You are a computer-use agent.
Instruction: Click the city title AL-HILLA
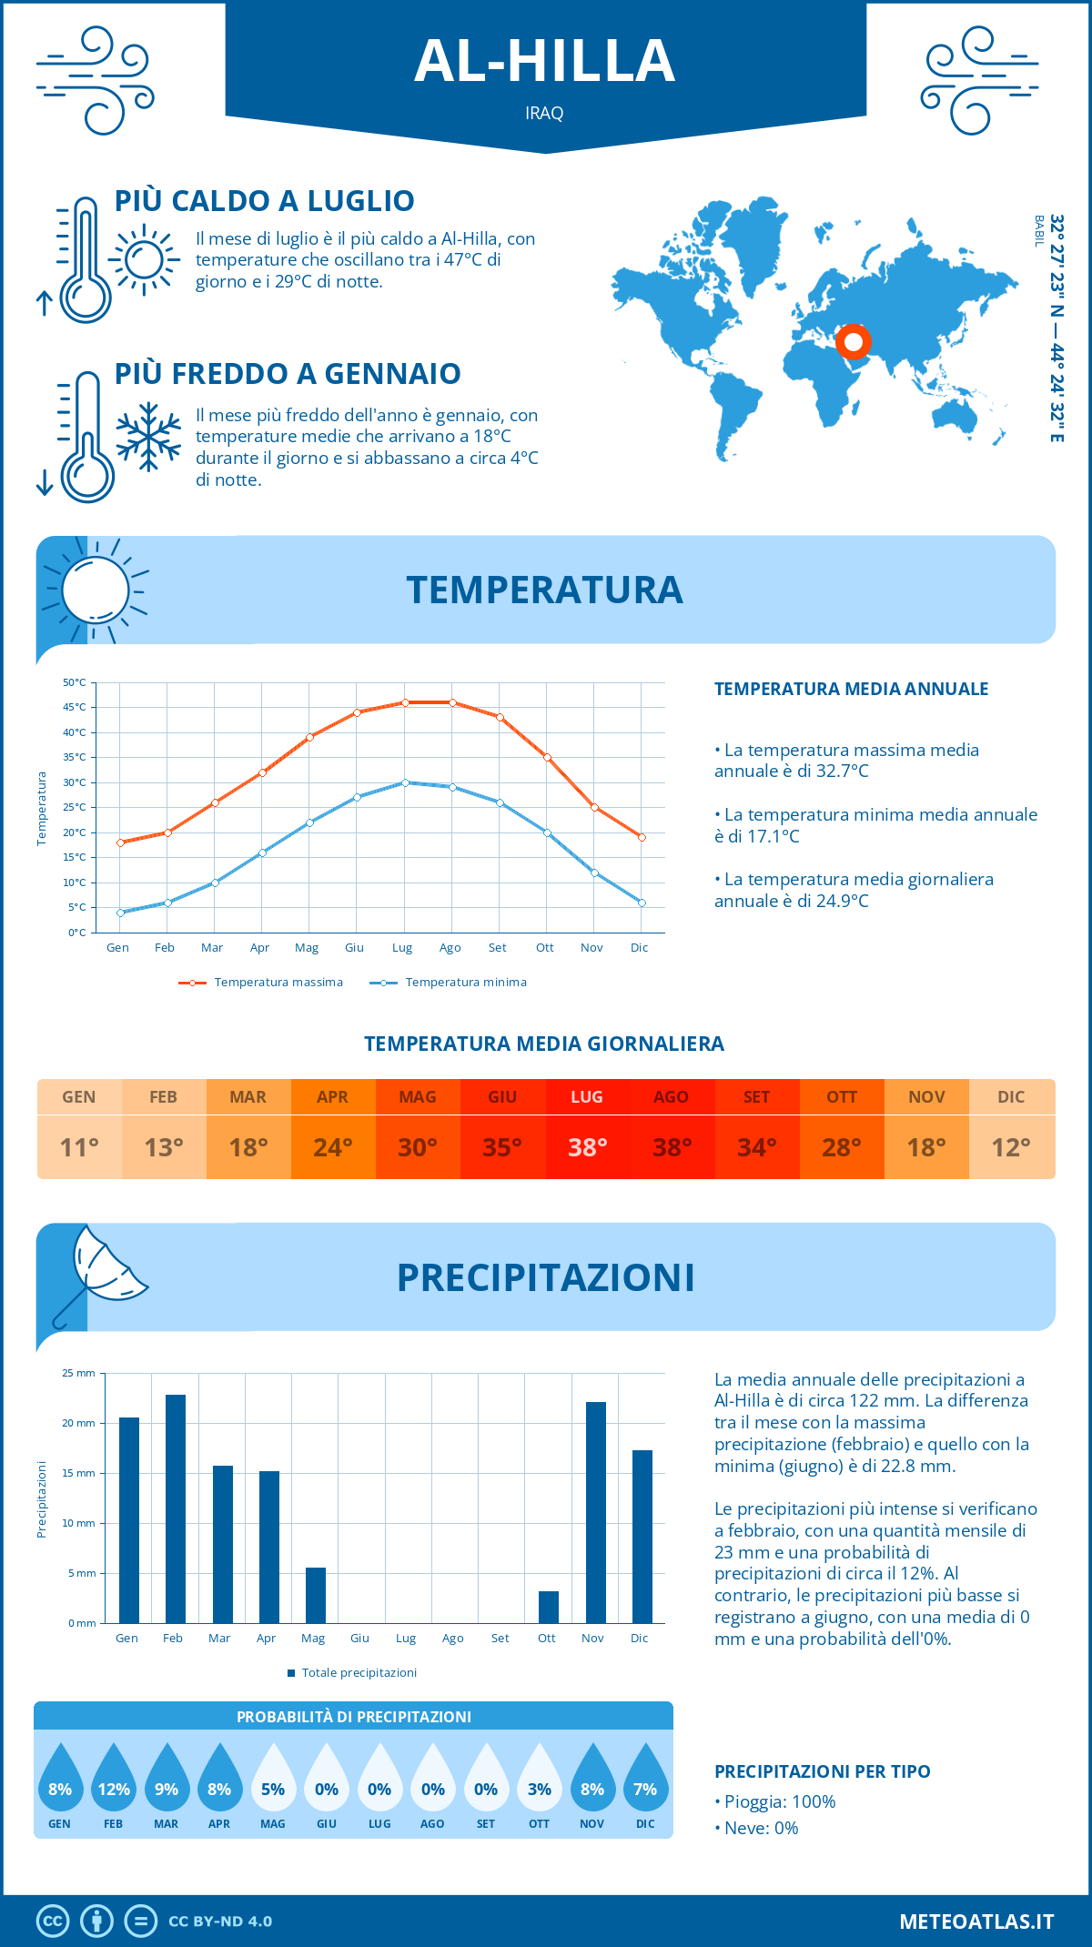click(544, 61)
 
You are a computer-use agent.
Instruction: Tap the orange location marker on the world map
click(854, 342)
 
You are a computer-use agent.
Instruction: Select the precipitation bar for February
click(176, 1508)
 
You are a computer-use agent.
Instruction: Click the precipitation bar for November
click(596, 1512)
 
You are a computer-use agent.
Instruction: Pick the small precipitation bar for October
click(549, 1607)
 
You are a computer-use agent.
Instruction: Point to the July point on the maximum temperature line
click(405, 702)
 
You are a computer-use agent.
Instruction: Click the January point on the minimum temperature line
click(120, 913)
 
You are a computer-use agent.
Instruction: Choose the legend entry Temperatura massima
click(278, 983)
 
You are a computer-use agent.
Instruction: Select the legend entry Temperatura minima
click(466, 983)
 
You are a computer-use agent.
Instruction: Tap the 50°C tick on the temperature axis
click(75, 682)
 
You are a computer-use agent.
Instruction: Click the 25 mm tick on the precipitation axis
click(79, 1373)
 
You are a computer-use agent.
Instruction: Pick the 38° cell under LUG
click(587, 1147)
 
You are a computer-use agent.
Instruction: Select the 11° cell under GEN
click(79, 1147)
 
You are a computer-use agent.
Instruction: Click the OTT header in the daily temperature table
click(842, 1097)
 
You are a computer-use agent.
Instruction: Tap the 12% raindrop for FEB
click(114, 1778)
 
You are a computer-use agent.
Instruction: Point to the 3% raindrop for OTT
click(540, 1778)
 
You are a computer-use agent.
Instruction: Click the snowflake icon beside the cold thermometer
click(148, 437)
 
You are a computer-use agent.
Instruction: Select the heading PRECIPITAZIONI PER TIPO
click(823, 1771)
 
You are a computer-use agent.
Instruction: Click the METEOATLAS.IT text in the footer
click(976, 1922)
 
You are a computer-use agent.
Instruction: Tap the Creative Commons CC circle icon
click(53, 1922)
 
